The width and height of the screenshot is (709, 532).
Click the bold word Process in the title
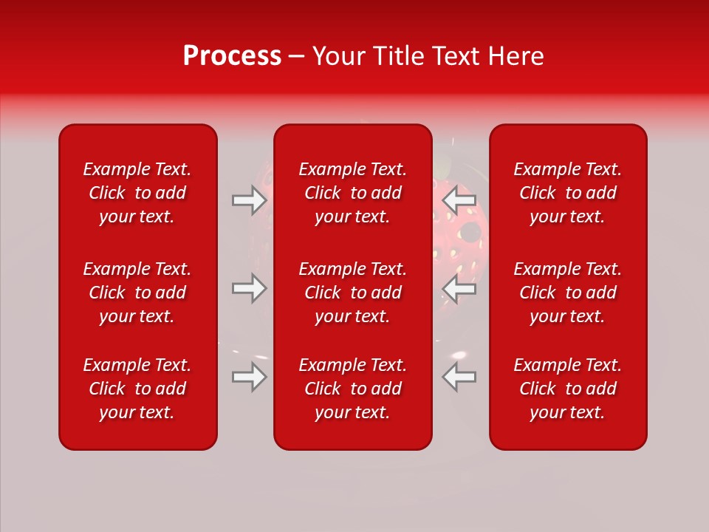[x=232, y=56]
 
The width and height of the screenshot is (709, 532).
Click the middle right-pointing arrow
[x=250, y=288]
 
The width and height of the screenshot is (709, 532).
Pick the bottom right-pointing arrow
[x=250, y=377]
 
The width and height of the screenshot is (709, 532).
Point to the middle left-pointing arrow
[x=459, y=288]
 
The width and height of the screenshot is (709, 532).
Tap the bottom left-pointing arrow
[x=459, y=377]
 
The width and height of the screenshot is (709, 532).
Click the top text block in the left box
[x=137, y=193]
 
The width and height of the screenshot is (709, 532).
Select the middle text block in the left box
[x=137, y=293]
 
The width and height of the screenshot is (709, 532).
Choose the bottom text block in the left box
[x=137, y=389]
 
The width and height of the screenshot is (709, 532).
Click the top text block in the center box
[x=353, y=193]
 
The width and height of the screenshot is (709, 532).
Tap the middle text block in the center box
[x=353, y=293]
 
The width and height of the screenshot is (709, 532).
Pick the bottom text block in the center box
[x=353, y=389]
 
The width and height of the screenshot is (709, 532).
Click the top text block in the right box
[x=568, y=193]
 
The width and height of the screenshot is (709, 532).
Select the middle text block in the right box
[x=568, y=293]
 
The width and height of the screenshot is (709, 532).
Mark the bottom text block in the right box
[x=568, y=389]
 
